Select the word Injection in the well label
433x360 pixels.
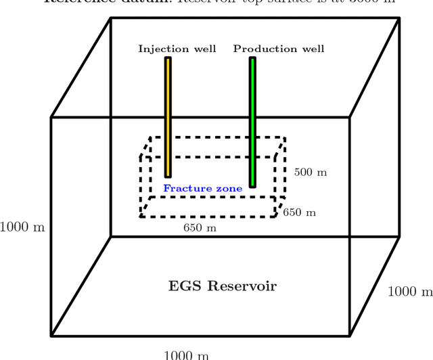[158, 49]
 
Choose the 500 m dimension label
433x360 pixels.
[311, 173]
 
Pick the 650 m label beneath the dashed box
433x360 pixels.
[200, 228]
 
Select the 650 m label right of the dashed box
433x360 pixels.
[300, 212]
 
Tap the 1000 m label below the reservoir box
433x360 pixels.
[187, 355]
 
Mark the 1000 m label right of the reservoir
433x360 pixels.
[410, 292]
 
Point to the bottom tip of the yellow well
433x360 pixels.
[168, 176]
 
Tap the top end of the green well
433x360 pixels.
[252, 59]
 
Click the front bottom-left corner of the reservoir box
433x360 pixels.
[51, 336]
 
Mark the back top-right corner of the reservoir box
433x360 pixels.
[399, 18]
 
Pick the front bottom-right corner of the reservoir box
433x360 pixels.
[350, 336]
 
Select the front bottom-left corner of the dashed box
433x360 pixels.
[141, 217]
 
